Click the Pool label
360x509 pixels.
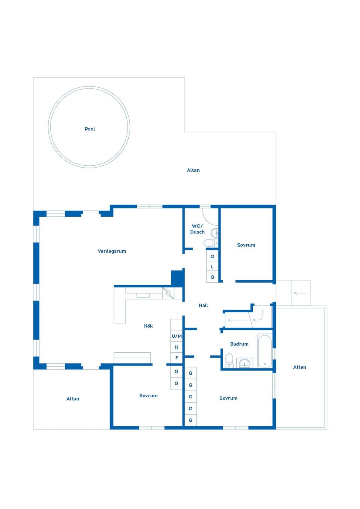click(90, 129)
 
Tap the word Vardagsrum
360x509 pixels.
click(112, 251)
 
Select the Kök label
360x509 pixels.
click(148, 326)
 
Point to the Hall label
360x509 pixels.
click(203, 305)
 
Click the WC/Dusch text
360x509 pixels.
click(197, 229)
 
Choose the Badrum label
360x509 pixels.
click(239, 344)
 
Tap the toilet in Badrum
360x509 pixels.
click(229, 361)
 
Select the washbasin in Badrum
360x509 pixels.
click(244, 363)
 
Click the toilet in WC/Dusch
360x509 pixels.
click(209, 243)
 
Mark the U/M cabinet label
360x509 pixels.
click(177, 336)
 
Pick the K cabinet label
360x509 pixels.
click(177, 347)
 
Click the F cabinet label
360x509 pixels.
click(177, 358)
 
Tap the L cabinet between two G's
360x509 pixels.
click(212, 267)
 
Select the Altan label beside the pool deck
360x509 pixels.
click(193, 170)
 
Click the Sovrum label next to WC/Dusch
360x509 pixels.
click(246, 245)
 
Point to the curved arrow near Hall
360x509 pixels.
click(258, 319)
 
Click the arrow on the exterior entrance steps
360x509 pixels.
click(300, 293)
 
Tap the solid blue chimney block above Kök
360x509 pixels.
click(177, 278)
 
